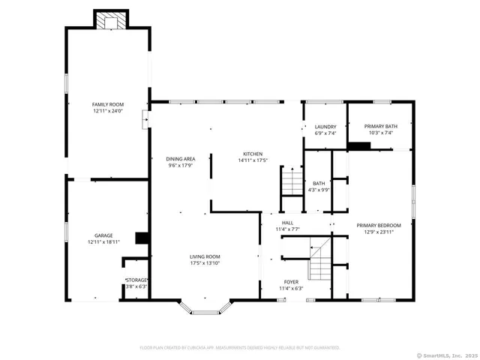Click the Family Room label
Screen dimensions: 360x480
[108, 104]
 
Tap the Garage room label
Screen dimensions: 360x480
[103, 235]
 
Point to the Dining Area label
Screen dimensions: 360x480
[181, 159]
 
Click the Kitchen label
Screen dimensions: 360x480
[252, 152]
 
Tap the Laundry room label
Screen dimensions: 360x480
[325, 127]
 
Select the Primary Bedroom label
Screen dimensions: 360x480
[379, 225]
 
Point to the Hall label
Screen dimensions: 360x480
[287, 223]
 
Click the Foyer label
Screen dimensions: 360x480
[291, 281]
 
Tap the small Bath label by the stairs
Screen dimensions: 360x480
[319, 183]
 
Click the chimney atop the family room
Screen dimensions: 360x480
[111, 21]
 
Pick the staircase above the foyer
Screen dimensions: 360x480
[320, 258]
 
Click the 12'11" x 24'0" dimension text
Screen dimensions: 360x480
[108, 110]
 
